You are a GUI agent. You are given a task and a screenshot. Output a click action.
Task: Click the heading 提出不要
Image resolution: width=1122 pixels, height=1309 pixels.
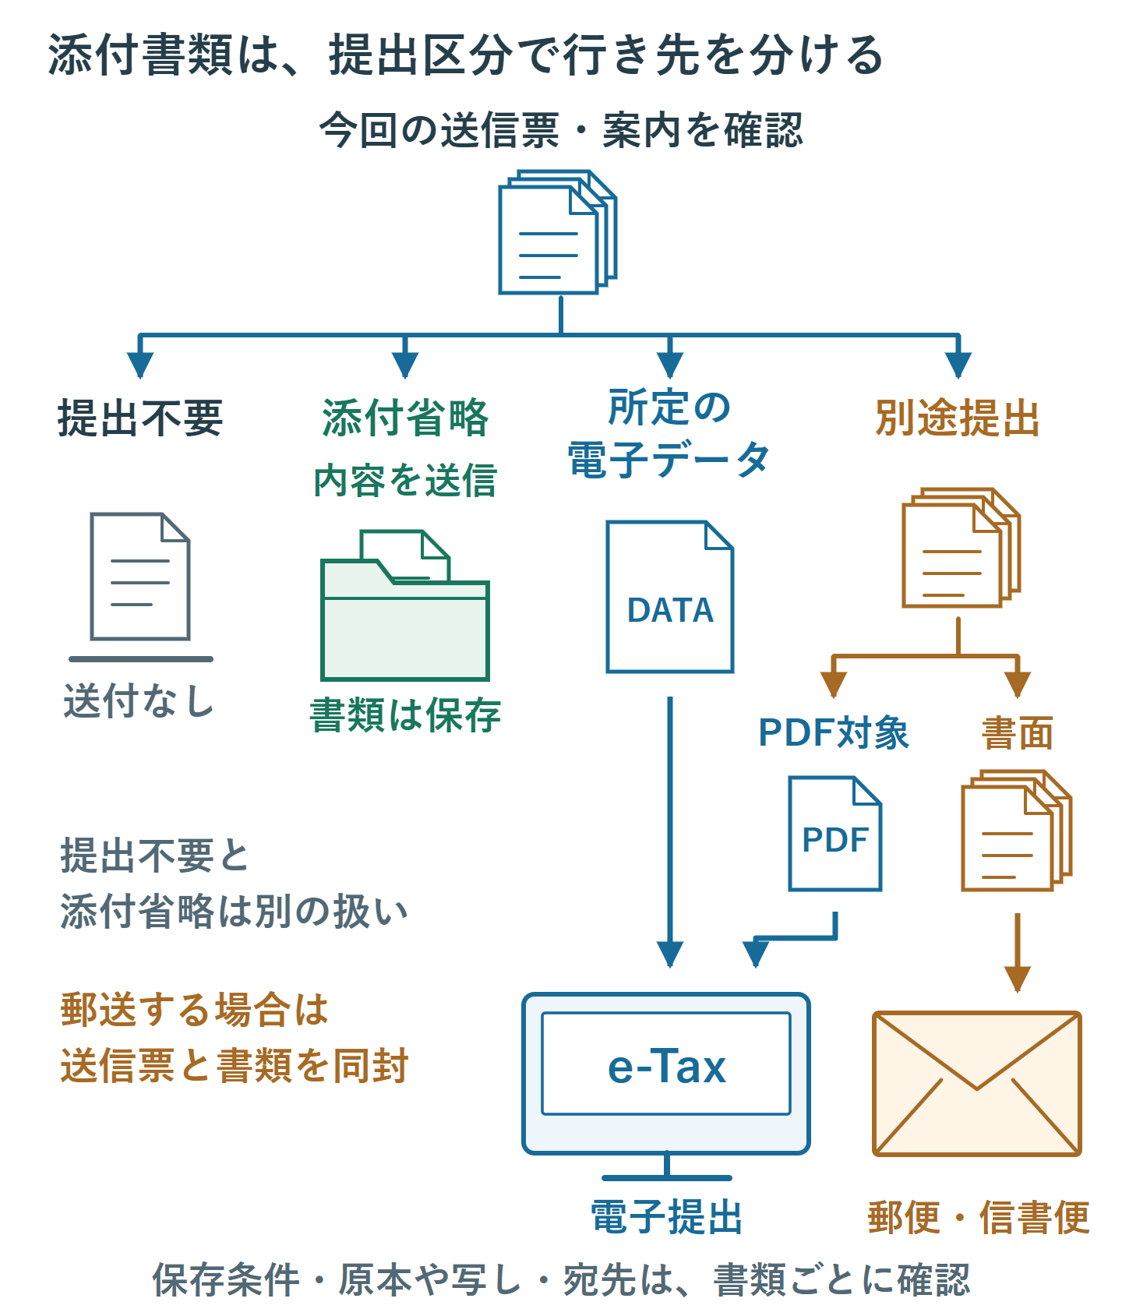point(140,418)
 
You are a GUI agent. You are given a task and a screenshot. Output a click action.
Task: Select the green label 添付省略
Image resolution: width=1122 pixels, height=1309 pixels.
point(405,418)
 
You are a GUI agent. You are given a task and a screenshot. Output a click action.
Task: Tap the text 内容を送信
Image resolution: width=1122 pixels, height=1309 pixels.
point(405,480)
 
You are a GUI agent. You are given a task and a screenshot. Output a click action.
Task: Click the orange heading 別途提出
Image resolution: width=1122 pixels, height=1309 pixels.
point(958,418)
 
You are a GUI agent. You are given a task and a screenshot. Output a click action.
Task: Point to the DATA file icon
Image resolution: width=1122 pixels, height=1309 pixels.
point(670,597)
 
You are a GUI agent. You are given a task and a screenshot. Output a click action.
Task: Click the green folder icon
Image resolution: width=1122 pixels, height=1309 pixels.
point(405,605)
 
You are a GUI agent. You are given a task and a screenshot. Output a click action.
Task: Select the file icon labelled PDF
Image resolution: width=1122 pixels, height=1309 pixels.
point(835,834)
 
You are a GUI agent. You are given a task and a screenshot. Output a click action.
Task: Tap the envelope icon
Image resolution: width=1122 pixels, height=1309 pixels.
point(977,1084)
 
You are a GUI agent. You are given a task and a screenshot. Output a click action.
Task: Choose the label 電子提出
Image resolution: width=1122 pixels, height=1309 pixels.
point(667,1217)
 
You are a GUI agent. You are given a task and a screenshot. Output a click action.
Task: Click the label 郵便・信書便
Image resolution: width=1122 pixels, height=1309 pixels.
point(979,1217)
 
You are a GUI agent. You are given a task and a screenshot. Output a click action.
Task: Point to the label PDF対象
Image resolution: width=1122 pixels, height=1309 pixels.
point(834,733)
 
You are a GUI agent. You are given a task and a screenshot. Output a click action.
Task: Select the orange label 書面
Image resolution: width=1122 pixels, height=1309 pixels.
point(1018,733)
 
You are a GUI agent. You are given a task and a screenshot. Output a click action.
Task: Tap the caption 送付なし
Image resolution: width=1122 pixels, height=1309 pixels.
point(139,700)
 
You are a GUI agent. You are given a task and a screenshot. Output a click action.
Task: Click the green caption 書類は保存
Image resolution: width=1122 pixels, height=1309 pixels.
point(405,715)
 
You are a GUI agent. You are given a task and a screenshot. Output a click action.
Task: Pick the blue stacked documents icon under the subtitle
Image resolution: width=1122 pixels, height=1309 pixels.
point(558,232)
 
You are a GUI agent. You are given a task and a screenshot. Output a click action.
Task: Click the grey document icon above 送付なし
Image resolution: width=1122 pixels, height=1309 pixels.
point(140,577)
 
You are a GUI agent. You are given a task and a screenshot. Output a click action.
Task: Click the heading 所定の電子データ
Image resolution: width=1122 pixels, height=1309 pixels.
point(669,433)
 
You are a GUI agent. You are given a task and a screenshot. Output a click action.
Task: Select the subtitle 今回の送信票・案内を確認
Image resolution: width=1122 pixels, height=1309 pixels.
point(561,130)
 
